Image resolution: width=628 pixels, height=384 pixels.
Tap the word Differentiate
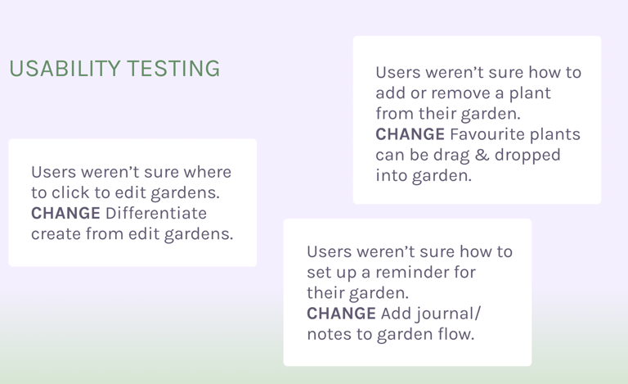point(156,214)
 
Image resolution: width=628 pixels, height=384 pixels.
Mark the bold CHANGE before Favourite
point(410,134)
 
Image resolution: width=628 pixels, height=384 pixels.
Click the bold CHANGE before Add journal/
point(341,314)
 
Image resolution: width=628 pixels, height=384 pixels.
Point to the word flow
point(456,334)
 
